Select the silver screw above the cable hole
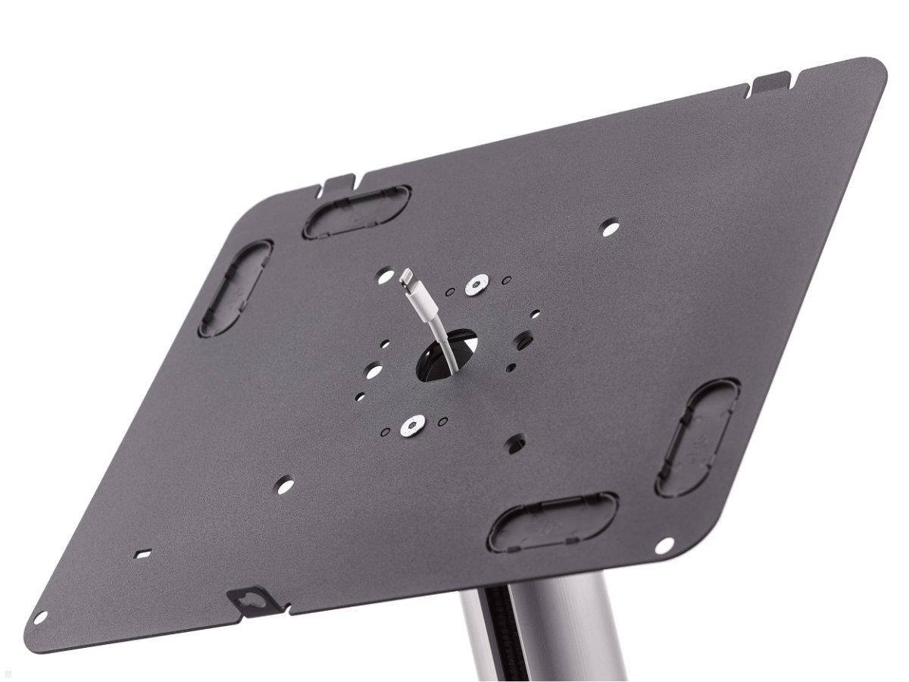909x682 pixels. pos(476,285)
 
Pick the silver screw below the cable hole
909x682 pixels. pos(411,426)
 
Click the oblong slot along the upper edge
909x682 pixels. pos(357,211)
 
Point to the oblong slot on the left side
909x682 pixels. pos(235,288)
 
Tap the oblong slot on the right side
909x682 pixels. pos(698,437)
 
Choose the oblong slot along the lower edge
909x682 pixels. pos(553,521)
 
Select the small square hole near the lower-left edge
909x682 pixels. pos(142,553)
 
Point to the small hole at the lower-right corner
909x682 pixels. pos(664,544)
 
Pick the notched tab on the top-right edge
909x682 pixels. pos(770,81)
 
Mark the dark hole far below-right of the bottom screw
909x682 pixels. pos(516,442)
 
